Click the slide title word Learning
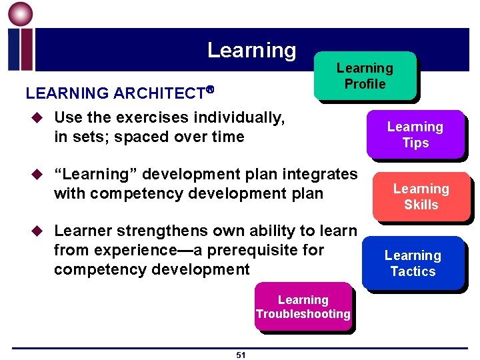click(x=251, y=50)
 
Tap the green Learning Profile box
click(x=365, y=76)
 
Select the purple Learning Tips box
click(x=415, y=134)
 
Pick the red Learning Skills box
click(x=421, y=197)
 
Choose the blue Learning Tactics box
click(x=413, y=263)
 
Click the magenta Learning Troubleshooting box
click(x=303, y=307)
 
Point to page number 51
click(x=241, y=355)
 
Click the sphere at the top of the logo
click(x=20, y=14)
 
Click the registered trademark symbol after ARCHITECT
click(x=209, y=89)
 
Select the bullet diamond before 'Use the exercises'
click(x=36, y=119)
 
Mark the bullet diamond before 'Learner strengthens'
click(x=36, y=232)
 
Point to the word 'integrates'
click(x=318, y=175)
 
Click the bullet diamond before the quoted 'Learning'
click(x=36, y=175)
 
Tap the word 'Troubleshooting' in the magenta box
click(x=303, y=314)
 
